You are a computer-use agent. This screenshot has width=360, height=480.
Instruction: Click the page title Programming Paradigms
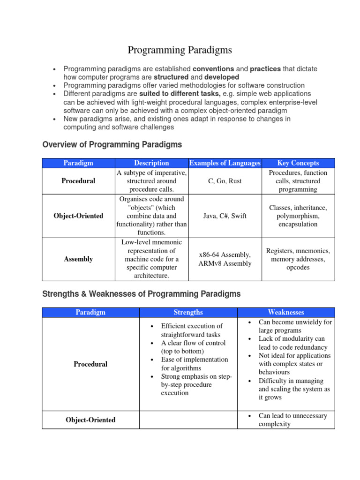[x=180, y=50]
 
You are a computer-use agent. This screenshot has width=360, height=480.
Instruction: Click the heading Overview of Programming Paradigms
[x=112, y=144]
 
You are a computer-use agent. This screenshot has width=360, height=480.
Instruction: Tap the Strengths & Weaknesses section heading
[x=141, y=294]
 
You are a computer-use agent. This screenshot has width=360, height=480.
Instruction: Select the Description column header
[x=151, y=163]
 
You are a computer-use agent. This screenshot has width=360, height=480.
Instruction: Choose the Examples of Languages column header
[x=225, y=163]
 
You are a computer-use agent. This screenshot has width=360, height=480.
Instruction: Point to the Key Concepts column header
[x=298, y=163]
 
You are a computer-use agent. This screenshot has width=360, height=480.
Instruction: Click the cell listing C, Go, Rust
[x=225, y=181]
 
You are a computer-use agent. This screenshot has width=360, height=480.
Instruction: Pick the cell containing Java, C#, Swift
[x=225, y=216]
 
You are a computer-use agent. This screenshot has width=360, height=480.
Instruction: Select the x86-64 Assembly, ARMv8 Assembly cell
[x=225, y=259]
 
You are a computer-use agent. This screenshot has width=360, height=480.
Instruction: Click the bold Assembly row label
[x=78, y=259]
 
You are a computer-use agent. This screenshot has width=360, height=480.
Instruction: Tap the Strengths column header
[x=188, y=312]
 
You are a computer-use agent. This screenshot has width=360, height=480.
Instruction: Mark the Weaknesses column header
[x=286, y=312]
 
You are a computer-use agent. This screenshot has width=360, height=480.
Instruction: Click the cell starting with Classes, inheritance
[x=298, y=216]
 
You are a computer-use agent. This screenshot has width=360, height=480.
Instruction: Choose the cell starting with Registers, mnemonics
[x=298, y=259]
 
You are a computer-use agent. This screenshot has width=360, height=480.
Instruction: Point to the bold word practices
[x=265, y=69]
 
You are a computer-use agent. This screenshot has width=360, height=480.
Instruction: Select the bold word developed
[x=221, y=77]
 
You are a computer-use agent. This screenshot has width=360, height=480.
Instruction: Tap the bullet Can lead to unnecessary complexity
[x=292, y=420]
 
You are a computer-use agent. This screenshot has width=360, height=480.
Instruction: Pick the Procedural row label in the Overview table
[x=78, y=181]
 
